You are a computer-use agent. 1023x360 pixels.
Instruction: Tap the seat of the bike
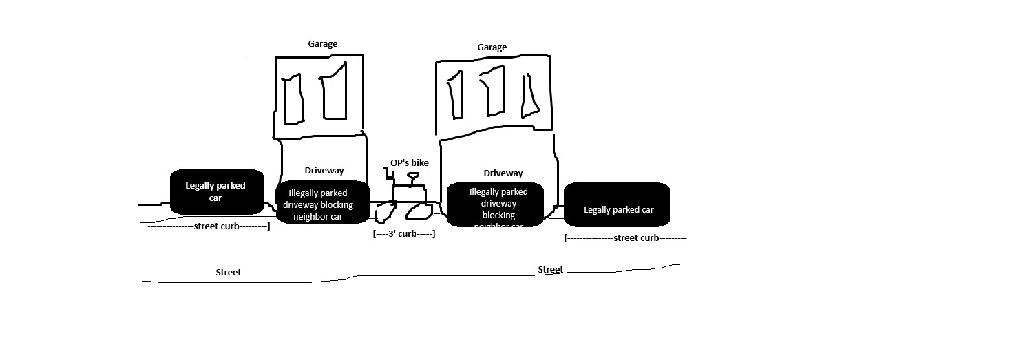click(x=413, y=176)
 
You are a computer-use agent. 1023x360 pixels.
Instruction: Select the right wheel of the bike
click(x=419, y=211)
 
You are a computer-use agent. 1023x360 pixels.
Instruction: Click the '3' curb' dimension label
click(x=403, y=234)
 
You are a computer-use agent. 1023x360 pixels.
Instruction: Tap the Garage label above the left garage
click(x=322, y=44)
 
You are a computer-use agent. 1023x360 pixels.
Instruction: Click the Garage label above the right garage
click(x=492, y=47)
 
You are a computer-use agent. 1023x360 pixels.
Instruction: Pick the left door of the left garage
click(x=293, y=100)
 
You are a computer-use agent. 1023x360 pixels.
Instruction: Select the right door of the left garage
click(x=333, y=93)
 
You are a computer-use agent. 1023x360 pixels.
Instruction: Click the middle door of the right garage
click(x=493, y=92)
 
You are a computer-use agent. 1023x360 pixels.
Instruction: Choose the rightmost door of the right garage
click(x=530, y=95)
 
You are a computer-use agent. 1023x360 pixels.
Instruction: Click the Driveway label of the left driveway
click(x=324, y=171)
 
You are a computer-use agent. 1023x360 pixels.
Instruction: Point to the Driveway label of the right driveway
click(x=503, y=173)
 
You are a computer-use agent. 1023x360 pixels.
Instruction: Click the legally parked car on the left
click(x=217, y=191)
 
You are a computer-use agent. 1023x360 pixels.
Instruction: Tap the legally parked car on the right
click(x=617, y=204)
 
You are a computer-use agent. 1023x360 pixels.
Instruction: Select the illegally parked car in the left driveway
click(x=321, y=204)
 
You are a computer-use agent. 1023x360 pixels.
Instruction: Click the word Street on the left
click(x=228, y=273)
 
